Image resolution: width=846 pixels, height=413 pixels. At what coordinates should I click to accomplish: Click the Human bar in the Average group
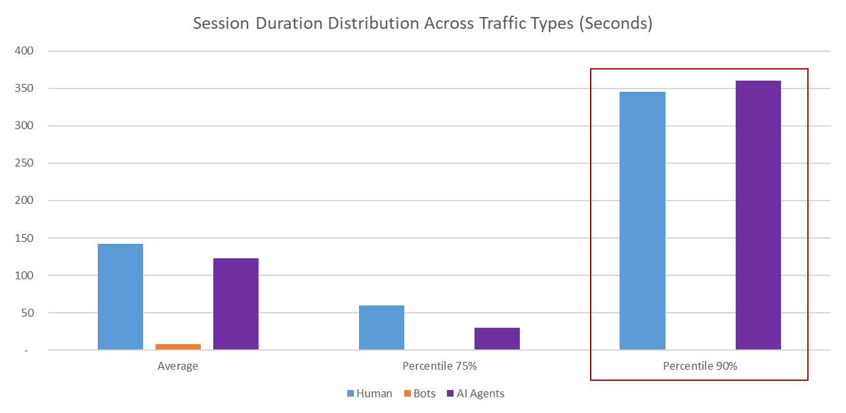click(x=120, y=297)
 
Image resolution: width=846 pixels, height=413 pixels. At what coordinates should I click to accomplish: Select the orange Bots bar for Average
click(x=178, y=347)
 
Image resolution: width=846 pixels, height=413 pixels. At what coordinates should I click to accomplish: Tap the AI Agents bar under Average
click(x=236, y=304)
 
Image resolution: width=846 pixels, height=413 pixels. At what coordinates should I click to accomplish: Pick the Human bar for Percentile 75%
click(x=381, y=328)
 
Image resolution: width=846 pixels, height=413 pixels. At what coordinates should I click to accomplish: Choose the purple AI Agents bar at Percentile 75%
click(x=497, y=339)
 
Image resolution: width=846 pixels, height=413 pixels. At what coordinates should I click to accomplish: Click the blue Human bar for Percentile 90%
click(x=643, y=221)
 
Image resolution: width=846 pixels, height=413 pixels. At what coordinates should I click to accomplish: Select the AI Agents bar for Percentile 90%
click(x=758, y=216)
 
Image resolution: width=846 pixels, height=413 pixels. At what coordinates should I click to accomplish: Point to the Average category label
click(x=178, y=366)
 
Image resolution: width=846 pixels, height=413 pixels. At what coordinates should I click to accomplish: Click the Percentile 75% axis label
click(x=439, y=366)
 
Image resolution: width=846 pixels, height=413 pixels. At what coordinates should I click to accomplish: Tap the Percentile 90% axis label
click(x=700, y=366)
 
